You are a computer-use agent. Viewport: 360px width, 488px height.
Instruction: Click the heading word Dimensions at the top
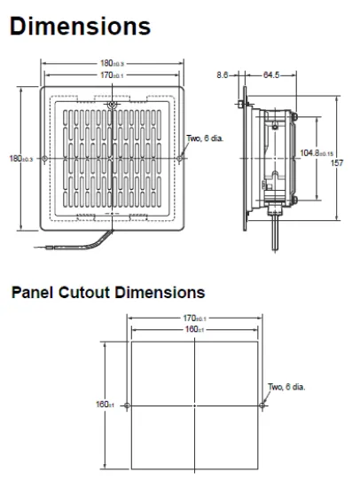81,27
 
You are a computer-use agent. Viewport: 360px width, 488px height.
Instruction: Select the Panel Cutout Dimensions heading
107,292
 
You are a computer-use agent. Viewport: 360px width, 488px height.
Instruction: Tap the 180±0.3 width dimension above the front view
111,63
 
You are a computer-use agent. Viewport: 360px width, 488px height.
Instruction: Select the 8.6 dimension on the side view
222,75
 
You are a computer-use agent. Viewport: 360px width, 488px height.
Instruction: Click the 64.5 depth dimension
270,75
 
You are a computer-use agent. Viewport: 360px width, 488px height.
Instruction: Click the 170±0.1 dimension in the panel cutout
194,318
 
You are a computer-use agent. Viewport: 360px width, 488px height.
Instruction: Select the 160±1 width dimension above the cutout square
194,330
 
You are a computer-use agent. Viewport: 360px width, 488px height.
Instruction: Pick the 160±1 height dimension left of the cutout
104,404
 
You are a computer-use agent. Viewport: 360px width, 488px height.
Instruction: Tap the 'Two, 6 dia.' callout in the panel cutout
286,386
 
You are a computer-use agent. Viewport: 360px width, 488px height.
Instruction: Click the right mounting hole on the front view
181,159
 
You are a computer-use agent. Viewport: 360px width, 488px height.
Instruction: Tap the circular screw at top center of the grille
111,106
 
